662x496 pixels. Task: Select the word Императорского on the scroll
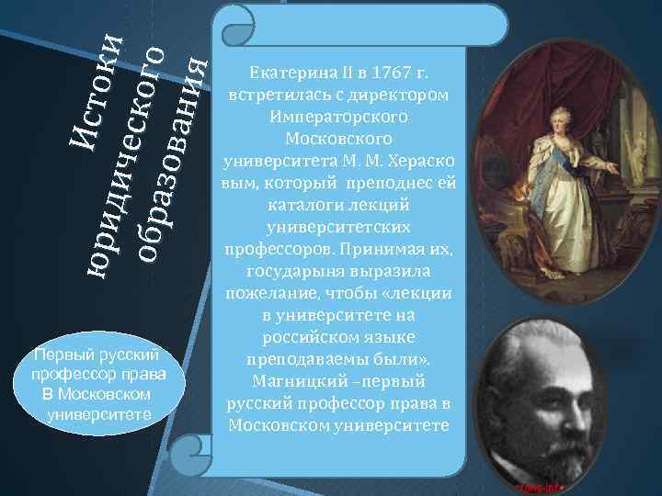point(339,116)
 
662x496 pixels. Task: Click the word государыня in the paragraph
point(291,272)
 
